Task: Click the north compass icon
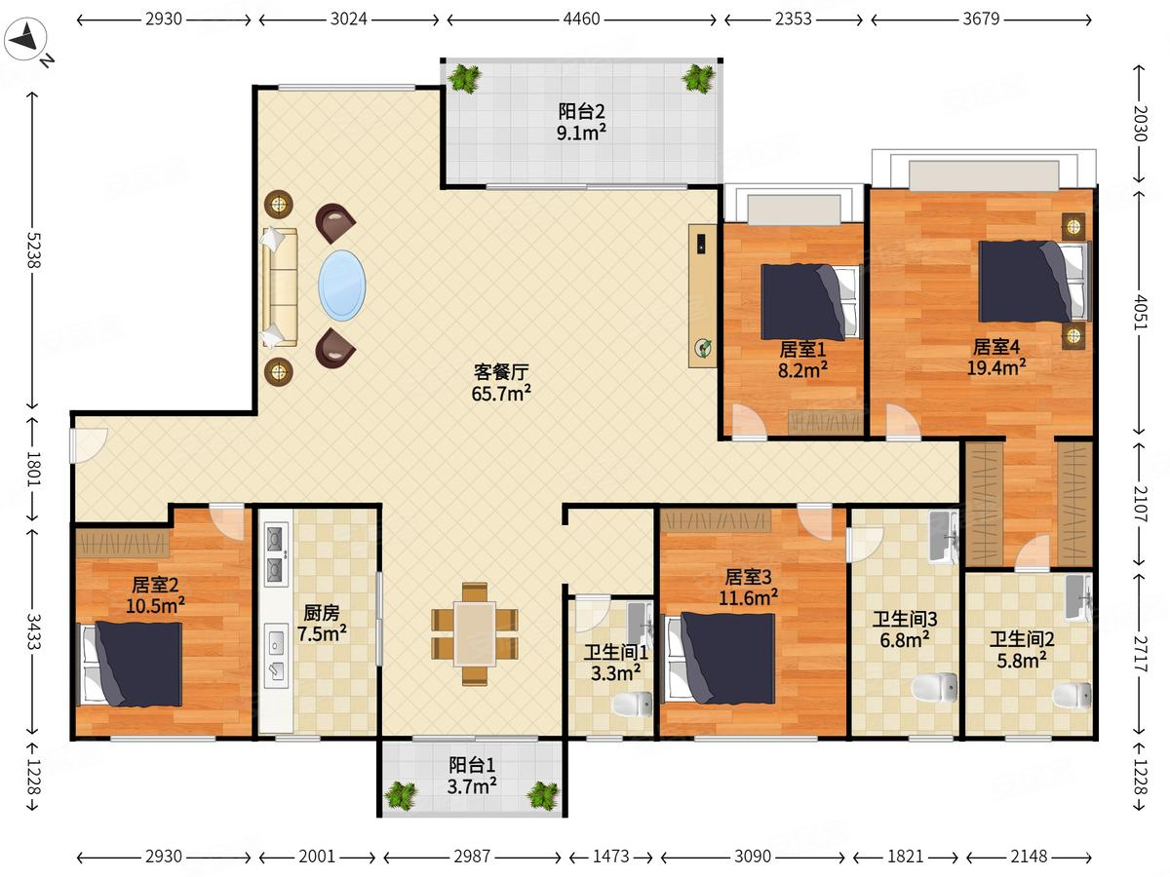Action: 25,39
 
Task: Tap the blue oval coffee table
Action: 341,286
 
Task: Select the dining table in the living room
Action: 475,633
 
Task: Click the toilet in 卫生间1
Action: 633,705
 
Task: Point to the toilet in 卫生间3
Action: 934,687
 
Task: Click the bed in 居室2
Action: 131,665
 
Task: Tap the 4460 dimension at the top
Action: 581,19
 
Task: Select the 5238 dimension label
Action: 33,250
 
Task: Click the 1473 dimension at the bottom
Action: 611,857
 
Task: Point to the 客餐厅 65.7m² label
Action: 501,382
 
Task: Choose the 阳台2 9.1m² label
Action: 581,122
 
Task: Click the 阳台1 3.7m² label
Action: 472,776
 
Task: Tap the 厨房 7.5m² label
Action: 322,624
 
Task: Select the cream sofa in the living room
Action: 279,287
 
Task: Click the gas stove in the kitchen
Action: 276,553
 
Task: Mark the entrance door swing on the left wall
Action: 89,445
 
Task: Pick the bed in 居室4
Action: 1034,282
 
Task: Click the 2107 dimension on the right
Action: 1140,503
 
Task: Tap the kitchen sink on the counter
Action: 276,658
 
